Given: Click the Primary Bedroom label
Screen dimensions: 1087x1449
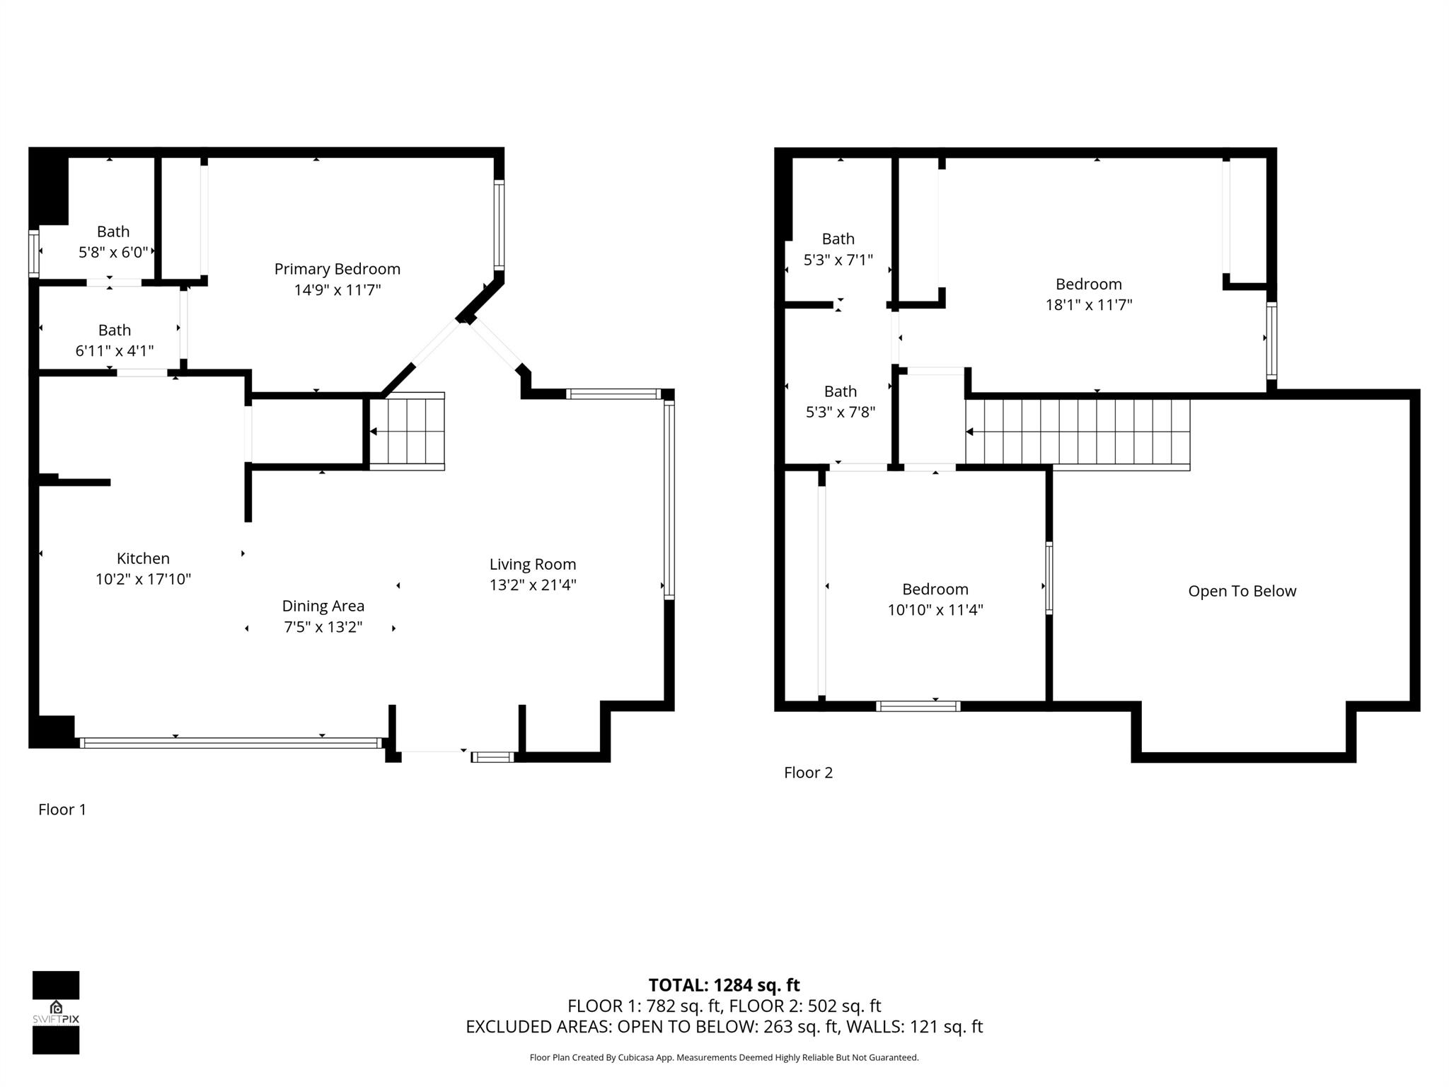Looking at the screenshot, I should (x=337, y=269).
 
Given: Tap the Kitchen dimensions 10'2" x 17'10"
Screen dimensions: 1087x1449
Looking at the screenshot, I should (x=143, y=580).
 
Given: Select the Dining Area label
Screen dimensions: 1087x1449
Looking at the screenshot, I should (x=323, y=606).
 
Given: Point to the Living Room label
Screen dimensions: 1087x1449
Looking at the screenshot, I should (x=532, y=564).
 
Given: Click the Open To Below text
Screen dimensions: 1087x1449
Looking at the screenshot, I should (x=1242, y=591).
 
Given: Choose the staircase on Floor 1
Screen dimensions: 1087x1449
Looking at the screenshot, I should (x=407, y=431).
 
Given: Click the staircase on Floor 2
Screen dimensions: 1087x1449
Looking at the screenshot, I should (x=1077, y=432).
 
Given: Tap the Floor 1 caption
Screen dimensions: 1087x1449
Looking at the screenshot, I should (x=62, y=810).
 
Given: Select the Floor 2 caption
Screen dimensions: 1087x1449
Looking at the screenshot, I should (x=808, y=773).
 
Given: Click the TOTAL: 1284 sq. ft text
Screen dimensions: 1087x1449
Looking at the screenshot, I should (x=724, y=985).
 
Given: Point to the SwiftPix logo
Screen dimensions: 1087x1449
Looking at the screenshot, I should (x=56, y=1012).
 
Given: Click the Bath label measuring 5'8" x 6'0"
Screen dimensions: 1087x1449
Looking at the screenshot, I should (x=113, y=231).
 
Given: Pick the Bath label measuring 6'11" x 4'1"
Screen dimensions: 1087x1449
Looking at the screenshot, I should (x=114, y=330).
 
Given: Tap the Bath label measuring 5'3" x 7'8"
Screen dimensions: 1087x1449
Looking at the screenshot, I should (x=840, y=391).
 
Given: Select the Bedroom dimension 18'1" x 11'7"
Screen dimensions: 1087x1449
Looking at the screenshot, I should (x=1088, y=305).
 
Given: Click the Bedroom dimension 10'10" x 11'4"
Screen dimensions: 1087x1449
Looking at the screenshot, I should (x=935, y=610).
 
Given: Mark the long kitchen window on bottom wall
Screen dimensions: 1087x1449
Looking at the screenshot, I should (x=231, y=742).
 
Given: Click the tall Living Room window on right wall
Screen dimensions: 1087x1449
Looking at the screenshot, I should (x=669, y=499).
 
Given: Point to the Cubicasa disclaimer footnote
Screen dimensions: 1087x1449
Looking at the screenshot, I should (x=724, y=1057).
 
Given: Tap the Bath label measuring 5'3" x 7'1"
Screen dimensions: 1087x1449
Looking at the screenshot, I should (x=838, y=239).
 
